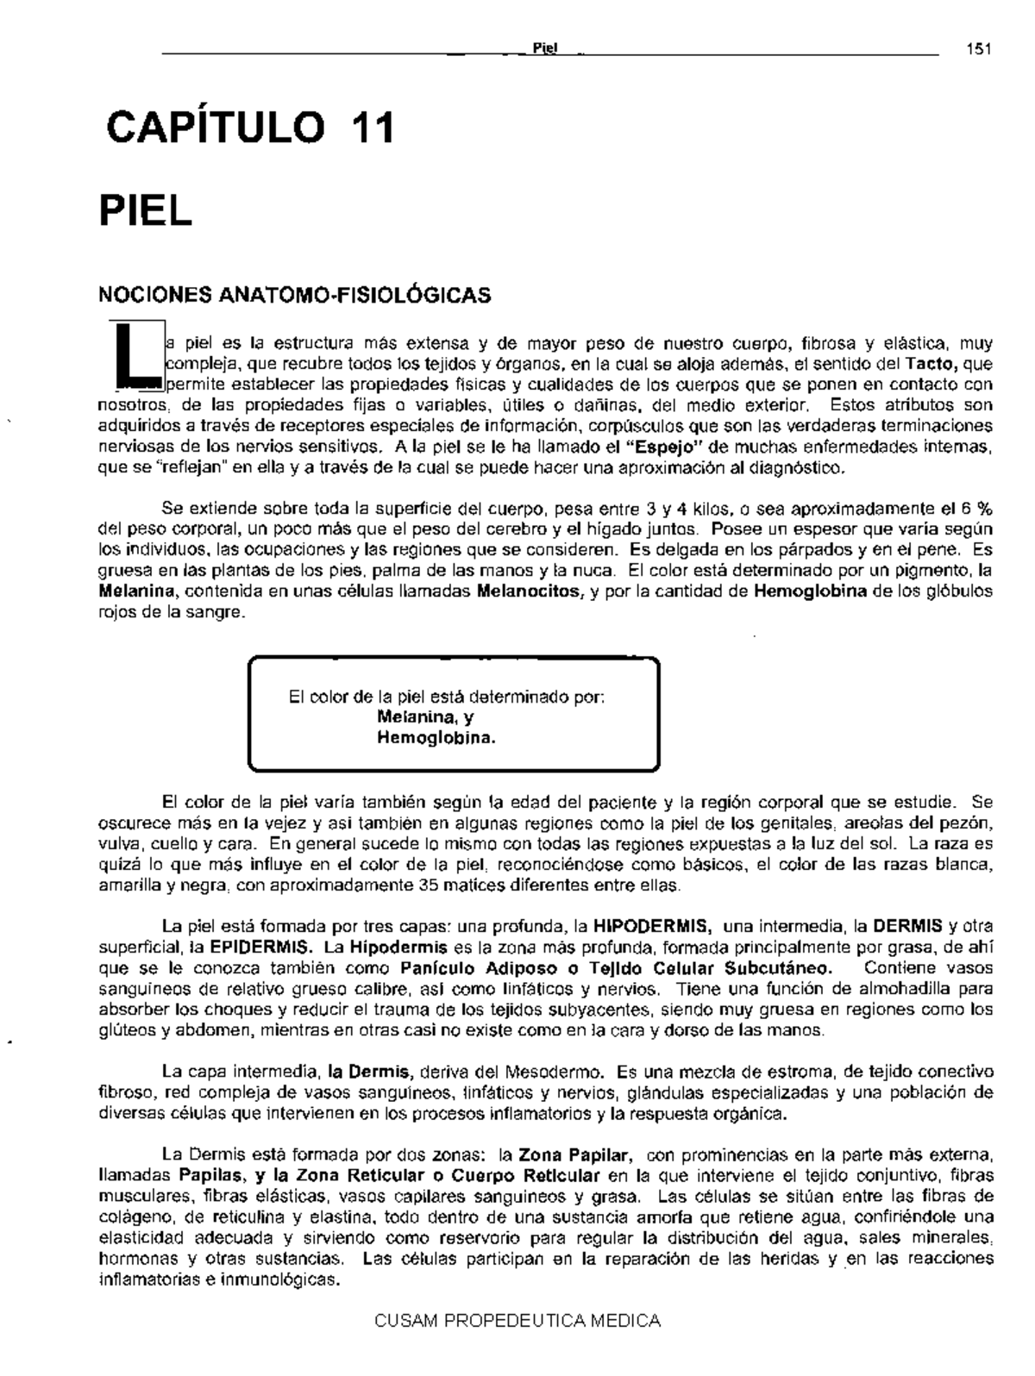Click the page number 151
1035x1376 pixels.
(x=978, y=48)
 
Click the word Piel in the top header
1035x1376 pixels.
(x=545, y=49)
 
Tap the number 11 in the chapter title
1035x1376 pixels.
(x=372, y=128)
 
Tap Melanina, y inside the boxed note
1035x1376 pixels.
(x=426, y=717)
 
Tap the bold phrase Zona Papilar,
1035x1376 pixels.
(x=577, y=1155)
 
